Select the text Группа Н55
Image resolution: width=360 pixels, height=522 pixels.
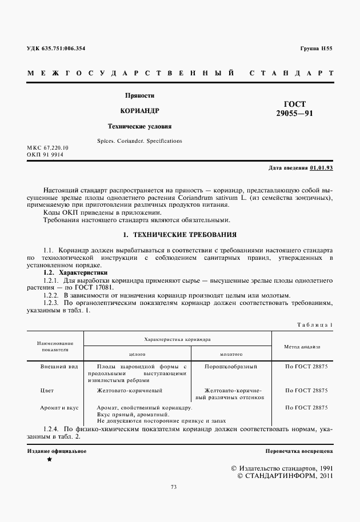click(316, 49)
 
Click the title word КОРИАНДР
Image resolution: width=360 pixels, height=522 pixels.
click(140, 110)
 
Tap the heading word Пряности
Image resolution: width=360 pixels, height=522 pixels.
click(140, 95)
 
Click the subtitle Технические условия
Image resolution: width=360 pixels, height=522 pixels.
click(140, 126)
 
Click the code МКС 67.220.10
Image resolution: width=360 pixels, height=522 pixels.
click(47, 148)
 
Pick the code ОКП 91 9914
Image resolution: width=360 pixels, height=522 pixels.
click(45, 154)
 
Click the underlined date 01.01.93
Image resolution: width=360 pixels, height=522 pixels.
click(322, 168)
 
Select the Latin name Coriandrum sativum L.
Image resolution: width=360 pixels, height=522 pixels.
click(226, 198)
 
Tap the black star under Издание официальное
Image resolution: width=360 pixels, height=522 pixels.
click(49, 459)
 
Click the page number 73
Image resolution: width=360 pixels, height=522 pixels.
click(174, 487)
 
